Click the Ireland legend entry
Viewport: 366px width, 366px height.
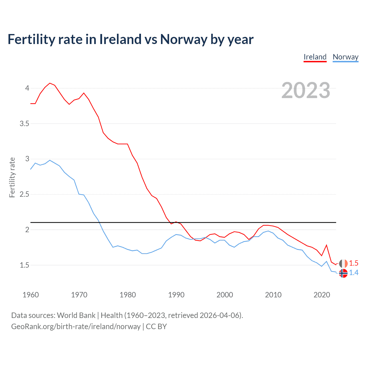[315, 57]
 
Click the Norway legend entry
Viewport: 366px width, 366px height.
[345, 57]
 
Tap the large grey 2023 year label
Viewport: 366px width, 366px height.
[306, 90]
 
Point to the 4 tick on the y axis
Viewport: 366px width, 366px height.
[27, 88]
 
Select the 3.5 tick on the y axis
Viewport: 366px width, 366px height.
[24, 124]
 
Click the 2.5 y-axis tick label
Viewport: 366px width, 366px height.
[24, 194]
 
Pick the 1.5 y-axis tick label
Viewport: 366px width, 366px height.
[24, 265]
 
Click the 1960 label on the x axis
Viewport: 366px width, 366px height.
[31, 295]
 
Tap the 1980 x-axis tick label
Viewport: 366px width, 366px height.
[128, 295]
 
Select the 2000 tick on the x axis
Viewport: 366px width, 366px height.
[225, 295]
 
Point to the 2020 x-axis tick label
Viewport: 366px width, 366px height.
[322, 295]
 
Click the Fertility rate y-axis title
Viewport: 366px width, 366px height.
[12, 177]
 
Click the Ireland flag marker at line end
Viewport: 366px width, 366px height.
[343, 263]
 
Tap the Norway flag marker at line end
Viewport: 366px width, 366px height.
[343, 273]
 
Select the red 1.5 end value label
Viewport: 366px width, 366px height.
[354, 263]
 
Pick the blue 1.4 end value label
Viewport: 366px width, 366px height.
[354, 273]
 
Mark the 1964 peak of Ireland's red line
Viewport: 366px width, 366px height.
[50, 83]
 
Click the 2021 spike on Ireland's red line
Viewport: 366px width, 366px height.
[326, 245]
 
